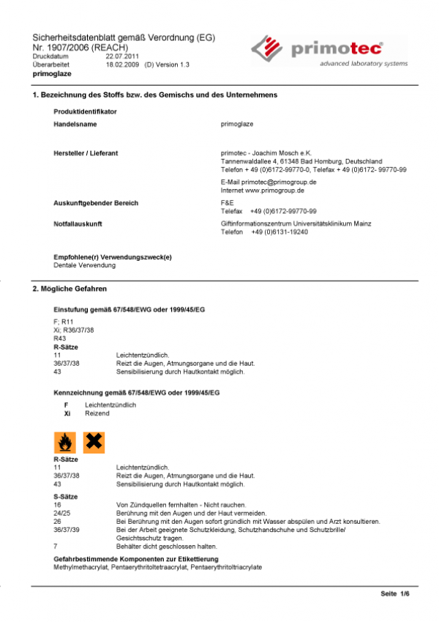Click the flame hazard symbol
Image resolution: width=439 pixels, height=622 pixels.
(64, 442)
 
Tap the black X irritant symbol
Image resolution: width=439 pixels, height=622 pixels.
(94, 442)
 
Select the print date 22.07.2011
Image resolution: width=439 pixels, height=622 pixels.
(121, 56)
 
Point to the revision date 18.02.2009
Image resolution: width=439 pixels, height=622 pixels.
(121, 64)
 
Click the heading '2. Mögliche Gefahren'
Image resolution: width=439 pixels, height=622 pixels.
(70, 290)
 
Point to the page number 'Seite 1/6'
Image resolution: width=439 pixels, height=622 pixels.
(395, 593)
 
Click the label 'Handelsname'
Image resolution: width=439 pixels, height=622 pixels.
(75, 125)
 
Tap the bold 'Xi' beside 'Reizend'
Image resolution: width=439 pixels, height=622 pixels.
(67, 413)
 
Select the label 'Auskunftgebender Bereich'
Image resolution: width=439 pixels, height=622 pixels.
(96, 202)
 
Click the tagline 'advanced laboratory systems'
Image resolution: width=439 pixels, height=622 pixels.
(364, 64)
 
